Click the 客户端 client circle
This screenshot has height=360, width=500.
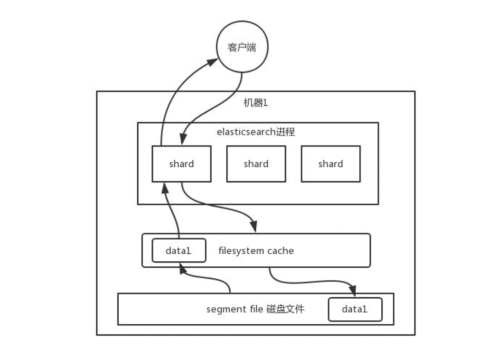242,47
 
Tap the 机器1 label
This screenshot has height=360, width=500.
255,102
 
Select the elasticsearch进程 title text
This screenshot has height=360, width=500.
255,131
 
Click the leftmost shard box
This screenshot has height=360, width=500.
181,164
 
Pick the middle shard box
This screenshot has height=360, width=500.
256,164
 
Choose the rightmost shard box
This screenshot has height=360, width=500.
330,164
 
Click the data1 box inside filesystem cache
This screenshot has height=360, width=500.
179,250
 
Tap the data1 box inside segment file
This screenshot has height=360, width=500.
355,309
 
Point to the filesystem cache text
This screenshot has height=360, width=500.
256,250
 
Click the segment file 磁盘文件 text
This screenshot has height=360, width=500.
255,309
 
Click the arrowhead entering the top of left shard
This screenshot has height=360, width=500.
183,139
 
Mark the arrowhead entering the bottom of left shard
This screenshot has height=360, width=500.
165,188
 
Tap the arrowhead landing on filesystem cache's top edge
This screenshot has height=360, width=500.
253,226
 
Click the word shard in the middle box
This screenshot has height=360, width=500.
256,164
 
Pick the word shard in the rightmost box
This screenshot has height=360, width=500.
330,164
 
